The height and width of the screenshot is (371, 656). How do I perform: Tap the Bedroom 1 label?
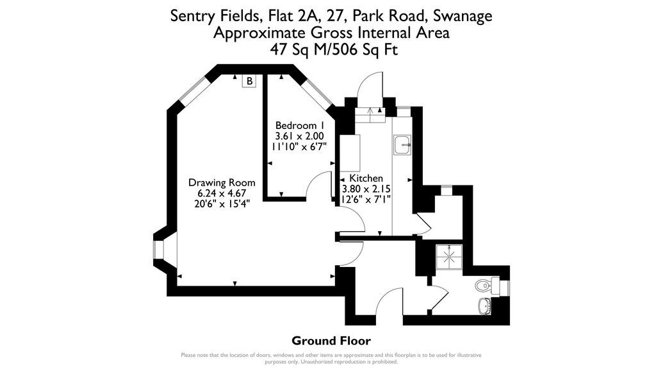299,125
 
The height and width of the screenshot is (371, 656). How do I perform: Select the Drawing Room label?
222,182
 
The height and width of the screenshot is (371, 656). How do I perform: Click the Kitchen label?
366,178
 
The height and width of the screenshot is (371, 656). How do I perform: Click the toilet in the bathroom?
484,284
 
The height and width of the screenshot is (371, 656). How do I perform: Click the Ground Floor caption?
331,340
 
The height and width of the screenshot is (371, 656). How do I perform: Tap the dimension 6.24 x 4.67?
222,193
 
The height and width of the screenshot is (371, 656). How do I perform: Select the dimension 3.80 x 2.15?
366,189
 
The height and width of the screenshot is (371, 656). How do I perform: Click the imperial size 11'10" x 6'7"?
299,146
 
